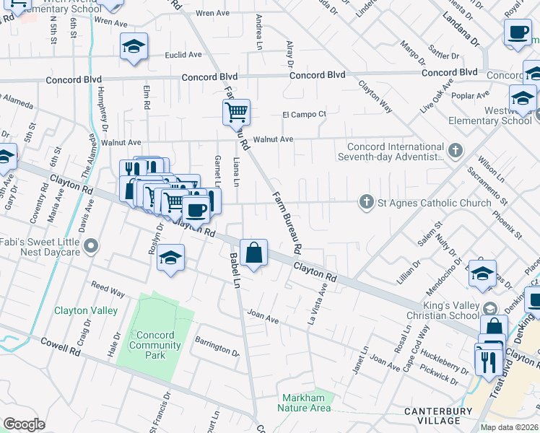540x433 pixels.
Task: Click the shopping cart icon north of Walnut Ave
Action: pos(236,113)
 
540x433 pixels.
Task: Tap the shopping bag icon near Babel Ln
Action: pos(254,253)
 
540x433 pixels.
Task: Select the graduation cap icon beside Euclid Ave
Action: pos(134,47)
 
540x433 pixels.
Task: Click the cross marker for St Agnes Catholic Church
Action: pos(367,203)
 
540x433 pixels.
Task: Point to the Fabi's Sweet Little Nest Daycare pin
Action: pos(90,248)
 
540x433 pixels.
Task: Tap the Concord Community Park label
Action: pos(155,345)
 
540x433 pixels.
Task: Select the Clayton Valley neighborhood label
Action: pos(86,310)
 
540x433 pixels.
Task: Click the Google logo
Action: pos(24,424)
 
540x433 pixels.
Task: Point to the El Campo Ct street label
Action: pos(304,114)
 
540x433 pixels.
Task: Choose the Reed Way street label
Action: pos(108,289)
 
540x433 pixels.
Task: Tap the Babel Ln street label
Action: pos(235,270)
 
